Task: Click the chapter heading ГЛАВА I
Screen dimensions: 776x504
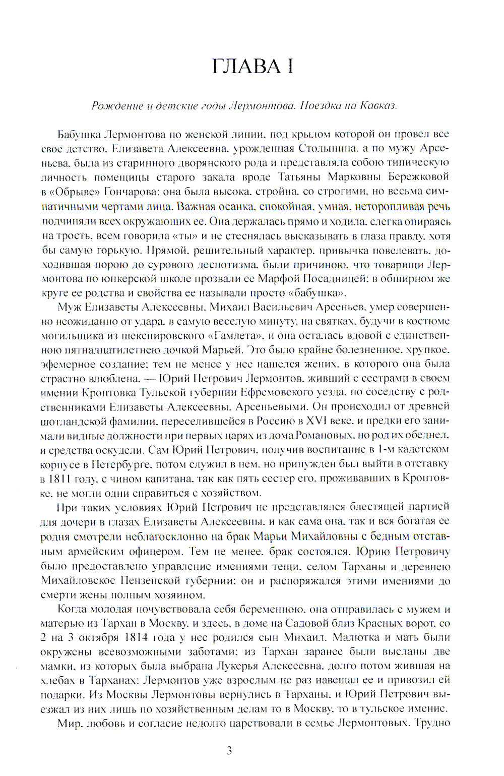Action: coord(252,67)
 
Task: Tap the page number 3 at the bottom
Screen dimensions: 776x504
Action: coord(229,751)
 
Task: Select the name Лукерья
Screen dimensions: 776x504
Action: coord(237,666)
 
